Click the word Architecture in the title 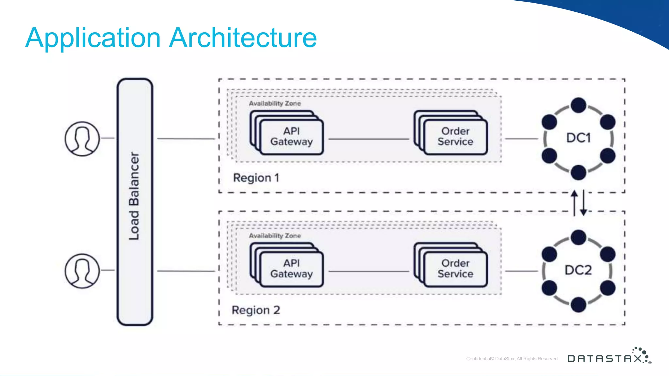click(x=243, y=38)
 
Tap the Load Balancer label click(x=134, y=196)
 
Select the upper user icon click(x=82, y=139)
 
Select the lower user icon click(x=82, y=271)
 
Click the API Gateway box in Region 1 click(x=291, y=137)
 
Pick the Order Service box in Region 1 click(x=455, y=137)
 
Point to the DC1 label click(x=578, y=138)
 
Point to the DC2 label click(x=578, y=270)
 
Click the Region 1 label click(x=256, y=178)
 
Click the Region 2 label click(x=256, y=310)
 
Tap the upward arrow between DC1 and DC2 click(x=574, y=203)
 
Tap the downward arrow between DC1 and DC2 click(x=583, y=203)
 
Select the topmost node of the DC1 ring click(x=578, y=105)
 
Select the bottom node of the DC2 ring click(x=578, y=305)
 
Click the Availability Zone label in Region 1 click(x=275, y=103)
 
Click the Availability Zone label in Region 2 click(x=275, y=236)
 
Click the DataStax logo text click(x=605, y=359)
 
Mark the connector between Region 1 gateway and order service click(x=368, y=139)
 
